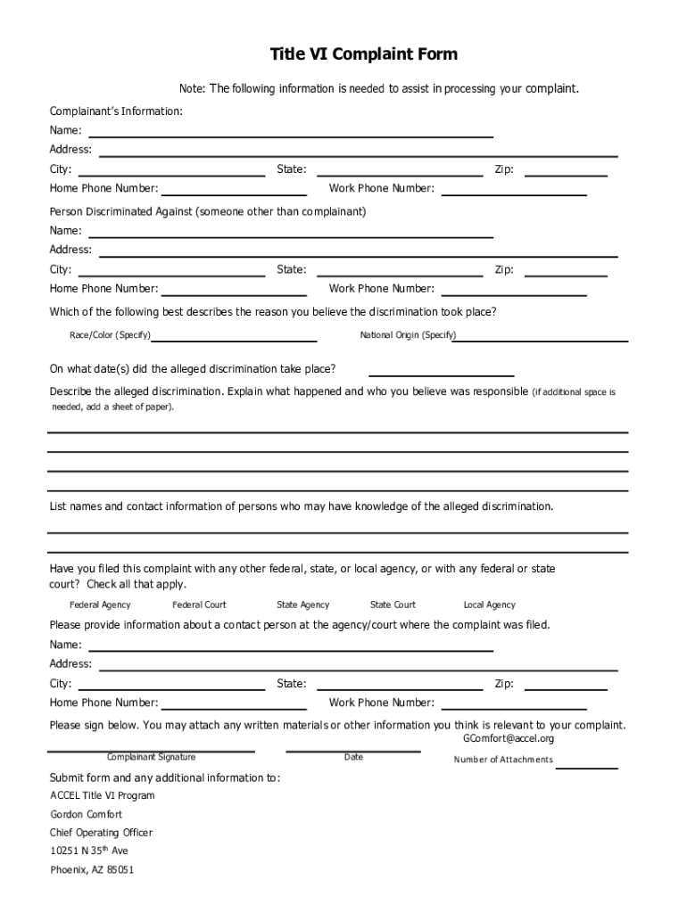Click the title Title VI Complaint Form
tap(363, 55)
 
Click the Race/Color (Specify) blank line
tap(234, 340)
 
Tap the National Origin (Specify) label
tap(408, 335)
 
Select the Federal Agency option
tap(100, 605)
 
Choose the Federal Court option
tap(199, 605)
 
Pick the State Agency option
tap(302, 605)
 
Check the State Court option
tap(393, 605)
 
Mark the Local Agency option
tap(489, 605)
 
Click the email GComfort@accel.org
tap(509, 739)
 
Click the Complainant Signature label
tap(151, 757)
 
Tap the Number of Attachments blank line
tap(586, 767)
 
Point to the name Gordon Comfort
tap(87, 814)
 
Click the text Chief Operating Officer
tap(101, 833)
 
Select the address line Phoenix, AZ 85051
tap(92, 870)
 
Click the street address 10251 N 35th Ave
tap(89, 851)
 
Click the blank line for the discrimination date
tap(441, 375)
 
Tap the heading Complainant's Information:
tap(116, 111)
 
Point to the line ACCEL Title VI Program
tap(102, 795)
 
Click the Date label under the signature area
tap(353, 757)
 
